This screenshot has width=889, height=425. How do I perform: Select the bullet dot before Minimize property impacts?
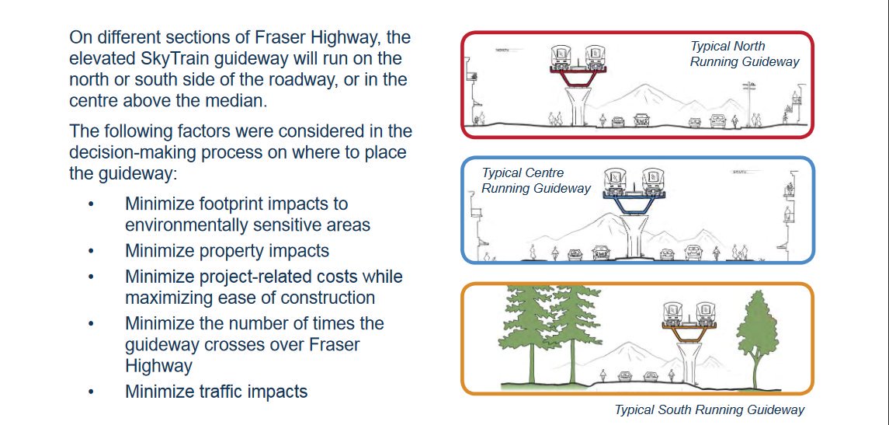pos(91,252)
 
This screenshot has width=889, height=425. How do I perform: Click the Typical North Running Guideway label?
pos(744,54)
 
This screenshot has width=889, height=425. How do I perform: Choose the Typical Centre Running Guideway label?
pos(536,180)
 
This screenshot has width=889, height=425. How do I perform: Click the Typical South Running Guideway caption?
pos(709,409)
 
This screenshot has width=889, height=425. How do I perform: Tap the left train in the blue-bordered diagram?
pos(622,180)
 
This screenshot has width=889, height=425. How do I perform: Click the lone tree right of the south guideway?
pos(756,334)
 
